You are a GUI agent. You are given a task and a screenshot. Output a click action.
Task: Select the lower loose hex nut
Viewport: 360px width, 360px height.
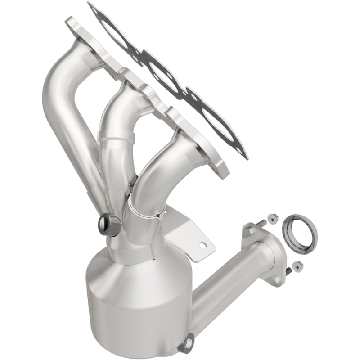point(298,266)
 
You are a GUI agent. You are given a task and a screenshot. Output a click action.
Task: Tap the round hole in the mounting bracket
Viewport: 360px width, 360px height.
point(204,245)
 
